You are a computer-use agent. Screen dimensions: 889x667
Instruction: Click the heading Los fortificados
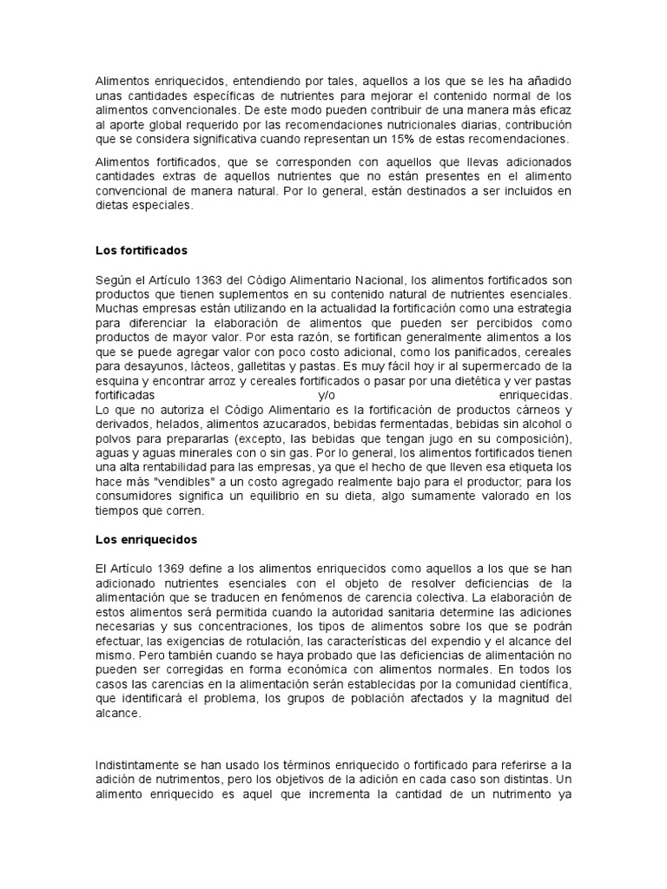click(141, 251)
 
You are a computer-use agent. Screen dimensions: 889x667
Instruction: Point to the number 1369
click(185, 568)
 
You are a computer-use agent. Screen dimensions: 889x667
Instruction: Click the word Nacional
click(380, 280)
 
